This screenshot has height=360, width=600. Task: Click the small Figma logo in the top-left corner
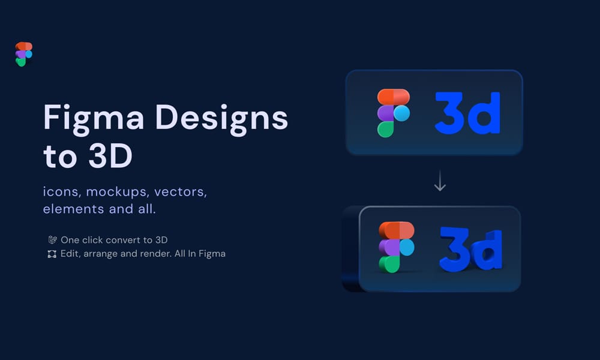pyautogui.click(x=24, y=54)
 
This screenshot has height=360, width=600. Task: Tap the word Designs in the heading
pyautogui.click(x=223, y=118)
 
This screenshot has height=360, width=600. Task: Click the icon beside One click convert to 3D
pyautogui.click(x=52, y=239)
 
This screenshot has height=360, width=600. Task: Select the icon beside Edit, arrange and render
pyautogui.click(x=52, y=254)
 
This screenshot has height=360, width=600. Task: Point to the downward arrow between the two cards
pyautogui.click(x=440, y=181)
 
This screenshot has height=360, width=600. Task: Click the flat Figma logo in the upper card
pyautogui.click(x=394, y=113)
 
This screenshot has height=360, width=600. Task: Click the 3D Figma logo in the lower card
pyautogui.click(x=396, y=247)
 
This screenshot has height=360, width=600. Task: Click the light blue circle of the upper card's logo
pyautogui.click(x=401, y=113)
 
